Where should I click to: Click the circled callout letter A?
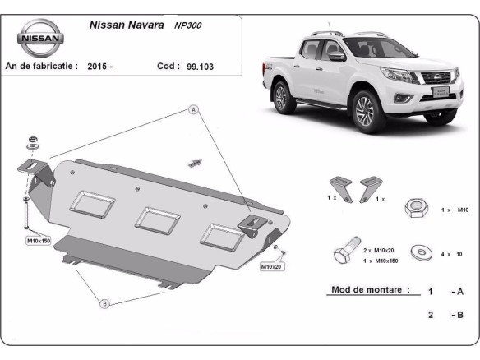pyautogui.click(x=194, y=109)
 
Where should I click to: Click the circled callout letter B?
pyautogui.click(x=104, y=304)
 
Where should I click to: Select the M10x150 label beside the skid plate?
pyautogui.click(x=39, y=240)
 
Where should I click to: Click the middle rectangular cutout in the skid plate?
pyautogui.click(x=157, y=219)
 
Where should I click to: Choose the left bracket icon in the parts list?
pyautogui.click(x=340, y=186)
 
